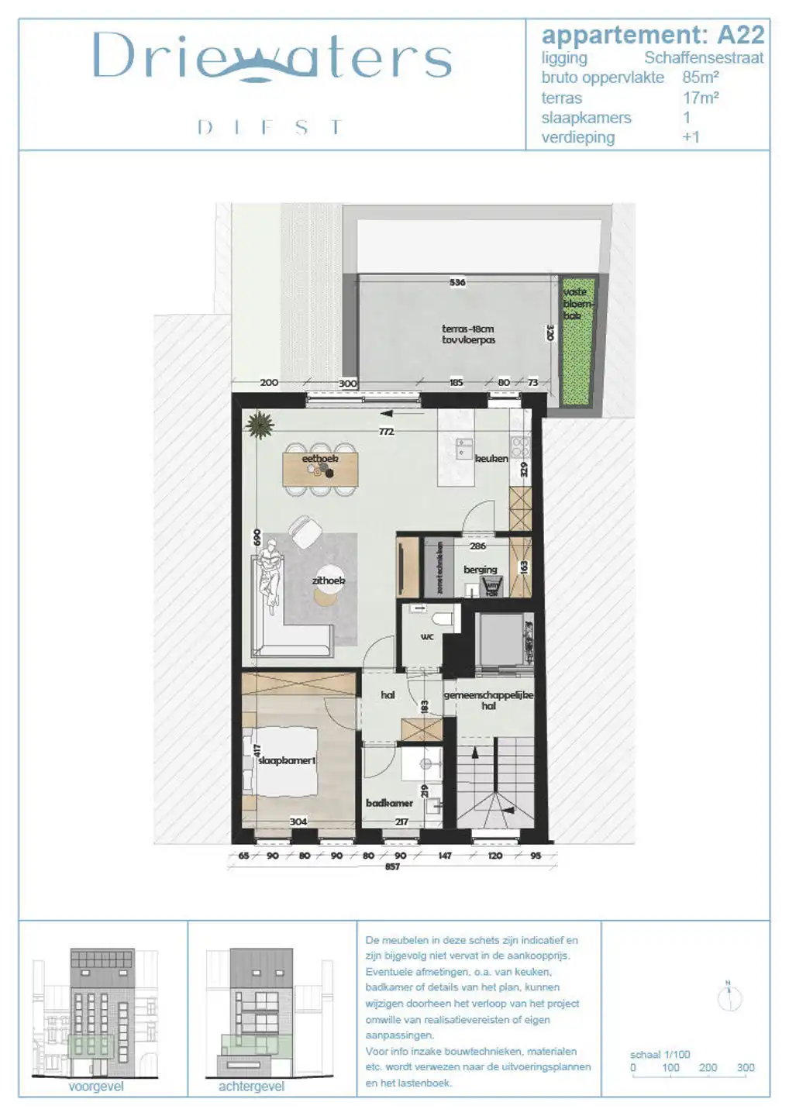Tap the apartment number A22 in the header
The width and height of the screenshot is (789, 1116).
[x=741, y=35]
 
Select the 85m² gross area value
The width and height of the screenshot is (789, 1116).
[x=701, y=77]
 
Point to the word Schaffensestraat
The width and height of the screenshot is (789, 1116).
[x=704, y=57]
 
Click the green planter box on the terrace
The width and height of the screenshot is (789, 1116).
[x=577, y=341]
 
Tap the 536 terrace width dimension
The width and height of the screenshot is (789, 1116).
[x=457, y=282]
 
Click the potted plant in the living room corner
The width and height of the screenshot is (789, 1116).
[x=259, y=425]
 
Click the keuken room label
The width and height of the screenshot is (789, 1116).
[x=491, y=459]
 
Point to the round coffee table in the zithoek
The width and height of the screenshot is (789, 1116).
[x=326, y=594]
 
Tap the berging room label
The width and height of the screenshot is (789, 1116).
[x=481, y=570]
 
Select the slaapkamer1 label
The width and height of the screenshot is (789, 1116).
[x=287, y=760]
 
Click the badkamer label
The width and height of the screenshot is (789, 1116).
[x=389, y=803]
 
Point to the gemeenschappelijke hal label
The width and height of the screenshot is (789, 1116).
[x=488, y=701]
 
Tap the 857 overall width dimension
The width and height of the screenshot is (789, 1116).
[x=392, y=866]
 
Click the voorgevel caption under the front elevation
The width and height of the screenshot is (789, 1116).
[x=96, y=1087]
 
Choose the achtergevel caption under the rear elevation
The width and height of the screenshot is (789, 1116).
[x=251, y=1087]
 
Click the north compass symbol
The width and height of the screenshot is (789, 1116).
[x=729, y=998]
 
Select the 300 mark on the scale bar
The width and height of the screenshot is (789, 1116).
[x=745, y=1067]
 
